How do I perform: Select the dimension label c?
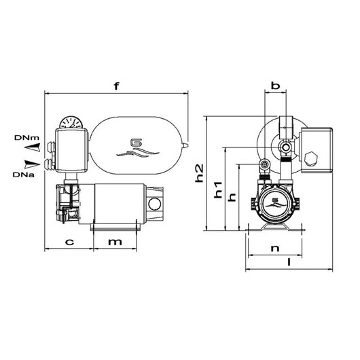[x=69, y=242]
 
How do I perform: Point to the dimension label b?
[x=275, y=86]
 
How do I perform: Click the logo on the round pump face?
[x=276, y=202]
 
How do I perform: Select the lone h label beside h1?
[x=232, y=197]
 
